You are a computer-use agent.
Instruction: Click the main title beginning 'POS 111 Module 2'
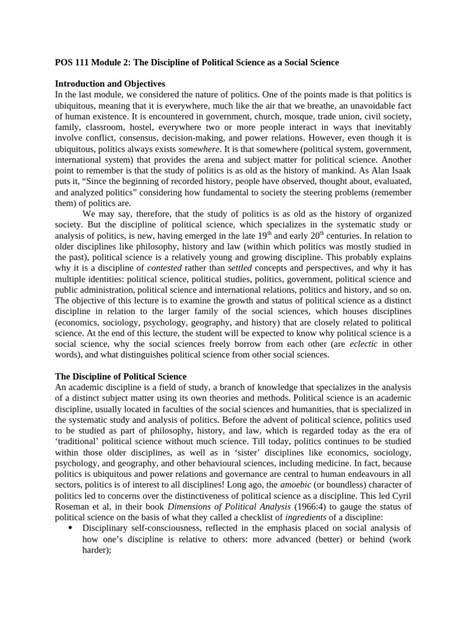click(196, 63)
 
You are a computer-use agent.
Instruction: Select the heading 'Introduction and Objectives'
click(110, 83)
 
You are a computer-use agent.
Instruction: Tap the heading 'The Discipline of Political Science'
click(120, 377)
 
